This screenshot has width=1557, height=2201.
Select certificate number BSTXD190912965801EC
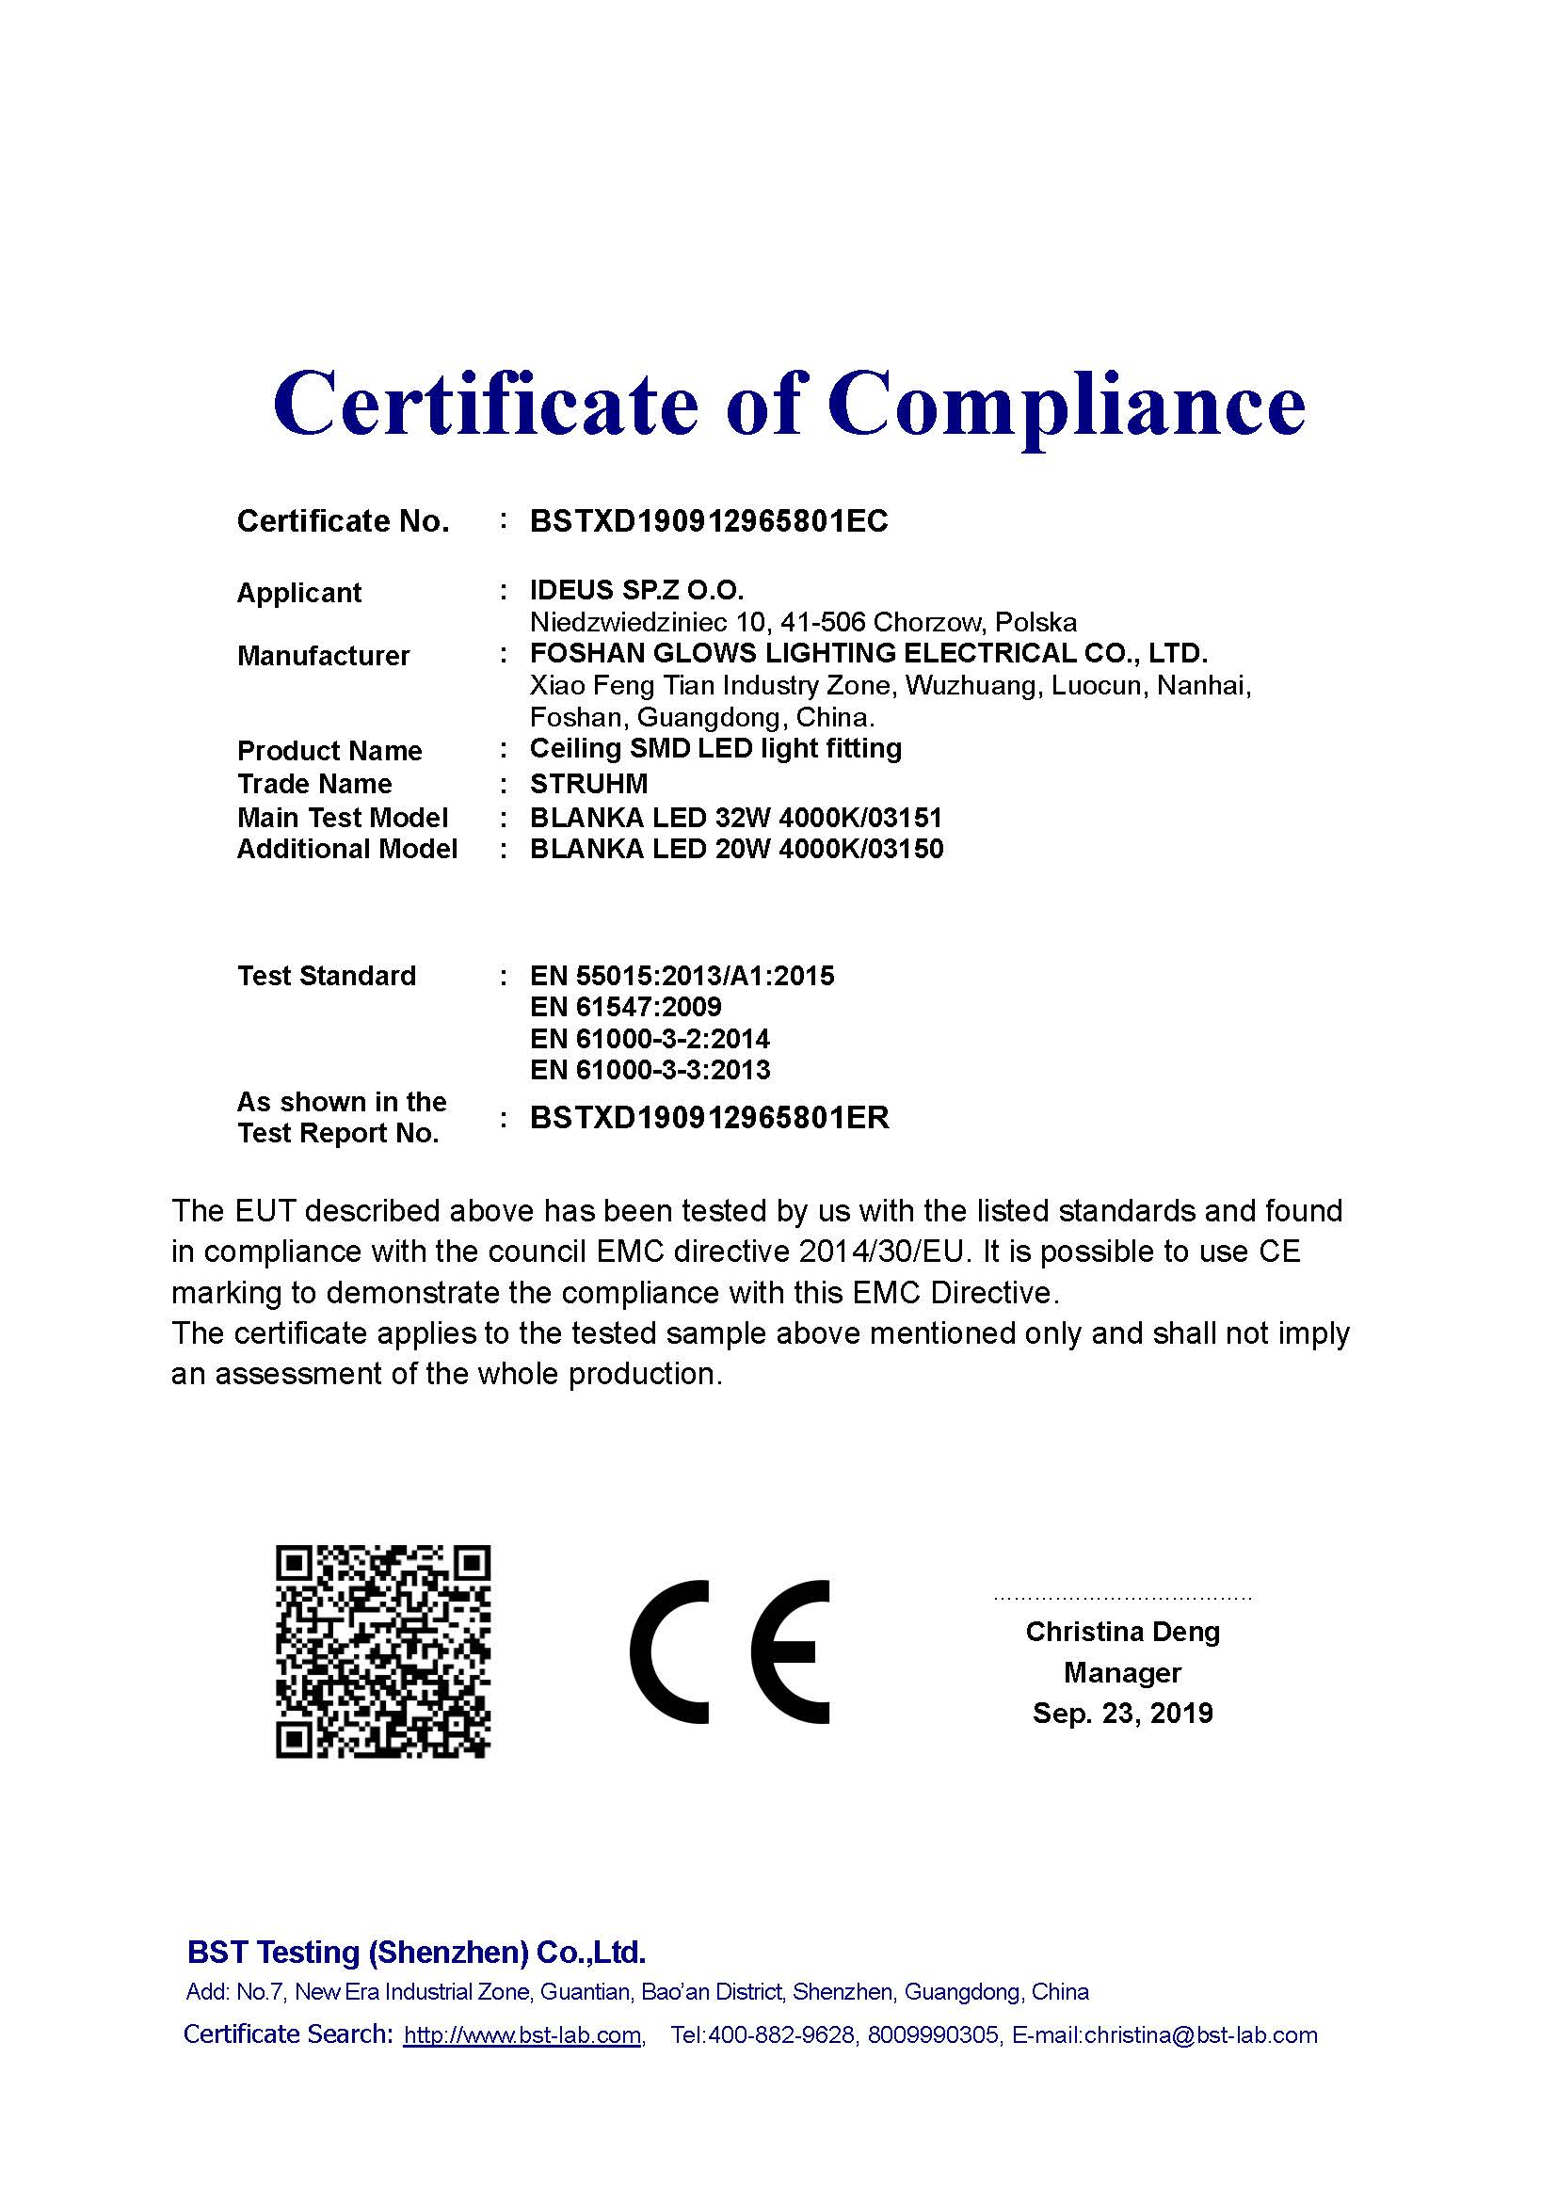(x=709, y=521)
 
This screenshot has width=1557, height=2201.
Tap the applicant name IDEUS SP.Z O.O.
(x=636, y=591)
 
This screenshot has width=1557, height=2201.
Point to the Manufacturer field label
(x=323, y=656)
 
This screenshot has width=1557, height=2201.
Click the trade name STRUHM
(x=588, y=784)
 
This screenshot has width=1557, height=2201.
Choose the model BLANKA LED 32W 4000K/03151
(x=735, y=818)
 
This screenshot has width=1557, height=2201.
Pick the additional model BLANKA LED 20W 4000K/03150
(x=736, y=850)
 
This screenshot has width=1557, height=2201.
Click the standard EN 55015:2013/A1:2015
(x=682, y=976)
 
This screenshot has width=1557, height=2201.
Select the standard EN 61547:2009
(x=625, y=1008)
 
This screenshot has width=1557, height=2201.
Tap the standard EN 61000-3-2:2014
(x=650, y=1039)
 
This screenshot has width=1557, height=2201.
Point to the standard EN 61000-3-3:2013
(x=650, y=1070)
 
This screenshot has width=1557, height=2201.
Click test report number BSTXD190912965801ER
(x=710, y=1118)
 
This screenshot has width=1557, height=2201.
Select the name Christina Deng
(x=1122, y=1632)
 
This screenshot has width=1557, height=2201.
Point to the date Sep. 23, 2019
(x=1122, y=1713)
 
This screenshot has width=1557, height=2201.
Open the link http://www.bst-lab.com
(x=522, y=2035)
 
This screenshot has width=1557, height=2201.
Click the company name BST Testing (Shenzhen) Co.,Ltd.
(x=416, y=1952)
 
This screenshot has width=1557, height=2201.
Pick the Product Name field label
(x=329, y=751)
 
